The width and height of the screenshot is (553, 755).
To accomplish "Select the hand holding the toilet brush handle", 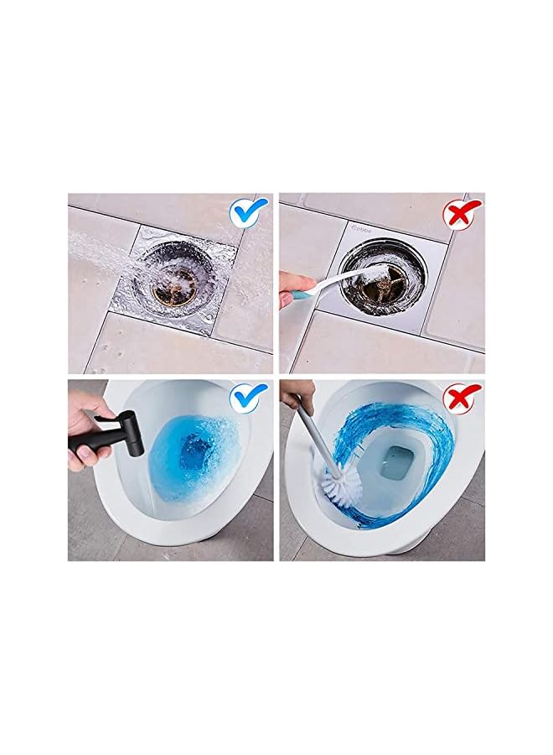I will [x=297, y=394].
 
